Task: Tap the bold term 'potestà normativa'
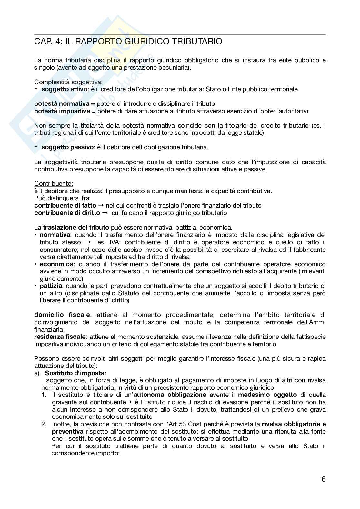tap(62, 104)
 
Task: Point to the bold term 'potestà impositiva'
tap(62, 111)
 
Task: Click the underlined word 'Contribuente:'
tap(54, 184)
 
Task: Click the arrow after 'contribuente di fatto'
tap(101, 206)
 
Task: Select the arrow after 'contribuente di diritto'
tap(105, 213)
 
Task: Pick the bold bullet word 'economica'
tap(56, 264)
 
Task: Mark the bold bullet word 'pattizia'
tap(53, 286)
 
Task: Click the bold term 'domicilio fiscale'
tap(63, 315)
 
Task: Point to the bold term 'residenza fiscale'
tap(60, 337)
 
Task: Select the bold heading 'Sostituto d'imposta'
tap(75, 373)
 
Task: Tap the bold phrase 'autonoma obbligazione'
tap(170, 395)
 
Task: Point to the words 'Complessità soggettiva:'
tap(68, 82)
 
